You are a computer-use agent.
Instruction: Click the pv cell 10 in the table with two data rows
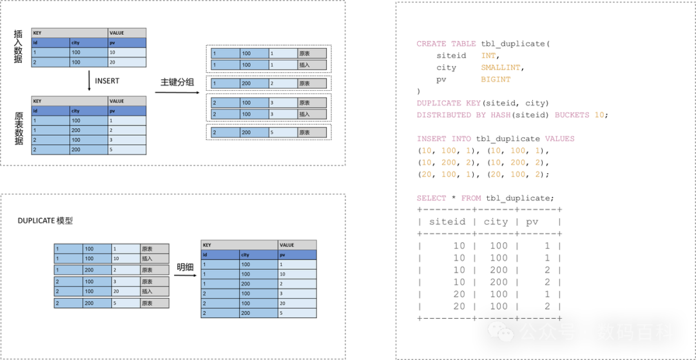(126, 52)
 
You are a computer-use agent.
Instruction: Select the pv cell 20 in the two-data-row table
(126, 62)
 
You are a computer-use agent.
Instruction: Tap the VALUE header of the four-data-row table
(126, 101)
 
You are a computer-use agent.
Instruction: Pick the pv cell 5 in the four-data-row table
(126, 150)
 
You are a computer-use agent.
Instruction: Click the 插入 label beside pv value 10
(155, 258)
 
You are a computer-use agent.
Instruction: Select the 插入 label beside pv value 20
(155, 291)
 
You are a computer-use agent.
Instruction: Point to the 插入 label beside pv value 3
(312, 114)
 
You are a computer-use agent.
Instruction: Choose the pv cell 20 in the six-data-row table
(296, 303)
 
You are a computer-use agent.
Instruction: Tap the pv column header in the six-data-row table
(296, 255)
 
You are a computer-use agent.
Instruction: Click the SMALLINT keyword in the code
(500, 67)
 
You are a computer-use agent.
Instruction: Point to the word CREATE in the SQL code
(431, 44)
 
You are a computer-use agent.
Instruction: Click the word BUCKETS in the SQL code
(572, 115)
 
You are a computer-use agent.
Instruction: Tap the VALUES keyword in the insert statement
(559, 138)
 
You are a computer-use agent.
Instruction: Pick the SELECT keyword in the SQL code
(431, 198)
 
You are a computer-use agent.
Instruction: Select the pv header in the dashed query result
(532, 222)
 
